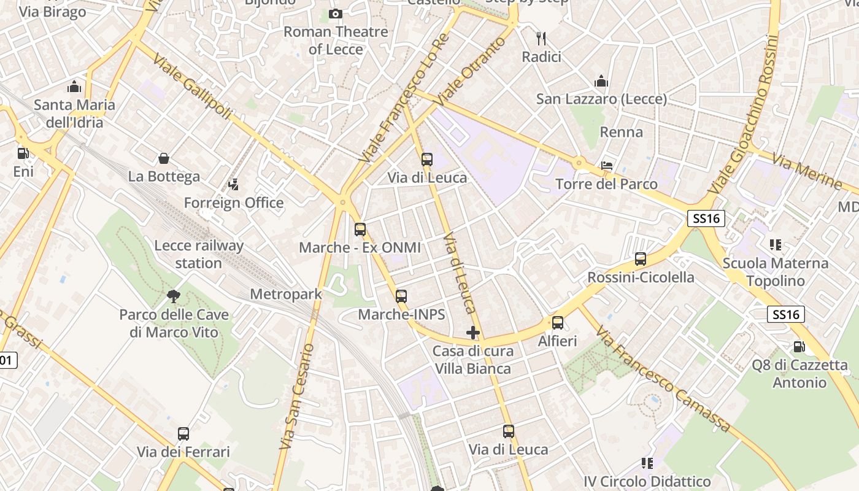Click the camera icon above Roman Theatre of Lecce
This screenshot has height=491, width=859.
coord(336,14)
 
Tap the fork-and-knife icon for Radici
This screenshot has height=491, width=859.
coord(541,39)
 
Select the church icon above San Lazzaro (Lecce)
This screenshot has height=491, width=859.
coord(601,81)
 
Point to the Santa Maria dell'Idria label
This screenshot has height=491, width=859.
coord(74,114)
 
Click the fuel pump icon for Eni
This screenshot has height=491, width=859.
coord(23,153)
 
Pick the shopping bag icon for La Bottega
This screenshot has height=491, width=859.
coord(164,159)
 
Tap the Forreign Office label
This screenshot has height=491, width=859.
coord(234,203)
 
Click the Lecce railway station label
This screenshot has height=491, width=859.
coord(199,254)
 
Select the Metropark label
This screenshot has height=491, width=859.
coord(286,294)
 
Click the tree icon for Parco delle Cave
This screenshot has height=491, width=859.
coord(174,296)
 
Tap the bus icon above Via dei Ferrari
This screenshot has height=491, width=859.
coord(183,434)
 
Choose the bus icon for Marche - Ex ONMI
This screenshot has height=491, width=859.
coord(360,230)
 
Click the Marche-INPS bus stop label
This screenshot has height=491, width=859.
coord(401,315)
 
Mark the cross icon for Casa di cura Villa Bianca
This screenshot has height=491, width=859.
coord(473,333)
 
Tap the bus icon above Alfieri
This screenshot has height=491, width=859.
coord(558,322)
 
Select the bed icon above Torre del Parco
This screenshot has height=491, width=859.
coord(606,166)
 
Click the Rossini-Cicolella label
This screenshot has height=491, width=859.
coord(641,277)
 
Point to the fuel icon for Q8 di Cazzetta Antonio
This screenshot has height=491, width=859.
coord(799,347)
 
